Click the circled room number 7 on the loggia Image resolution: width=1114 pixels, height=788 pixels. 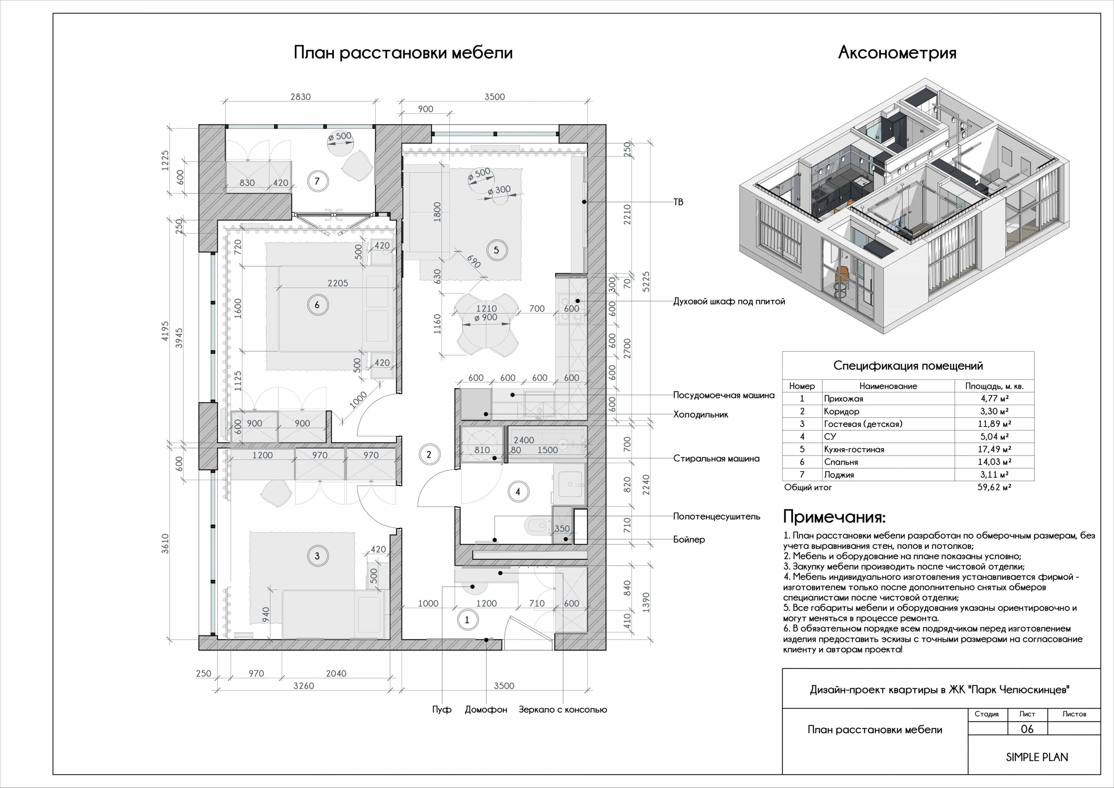(x=317, y=181)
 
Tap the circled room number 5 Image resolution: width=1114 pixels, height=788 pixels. (x=496, y=250)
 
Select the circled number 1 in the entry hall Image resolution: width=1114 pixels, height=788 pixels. (x=467, y=620)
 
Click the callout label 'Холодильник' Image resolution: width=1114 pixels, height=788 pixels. (x=701, y=414)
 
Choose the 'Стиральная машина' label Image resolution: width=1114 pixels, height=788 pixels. (x=716, y=458)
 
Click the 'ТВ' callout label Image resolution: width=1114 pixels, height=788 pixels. (x=678, y=202)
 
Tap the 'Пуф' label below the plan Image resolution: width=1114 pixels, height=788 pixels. (x=442, y=709)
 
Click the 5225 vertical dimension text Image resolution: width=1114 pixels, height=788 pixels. (x=646, y=281)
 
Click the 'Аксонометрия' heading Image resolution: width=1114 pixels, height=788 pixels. (x=897, y=53)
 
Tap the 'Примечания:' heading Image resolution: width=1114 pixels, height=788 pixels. (x=835, y=517)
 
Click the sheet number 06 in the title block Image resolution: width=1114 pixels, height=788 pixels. (x=1027, y=729)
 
